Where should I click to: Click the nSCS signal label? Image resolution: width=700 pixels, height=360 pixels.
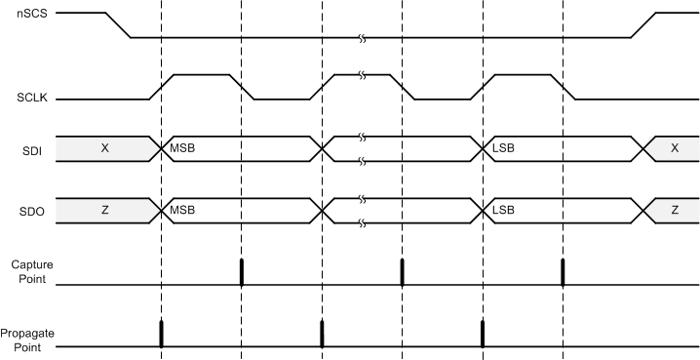(15, 14)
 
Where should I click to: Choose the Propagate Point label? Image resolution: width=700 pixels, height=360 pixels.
(26, 340)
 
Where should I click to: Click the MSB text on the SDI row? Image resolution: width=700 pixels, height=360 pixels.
(182, 148)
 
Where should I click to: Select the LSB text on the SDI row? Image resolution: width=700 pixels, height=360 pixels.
(503, 148)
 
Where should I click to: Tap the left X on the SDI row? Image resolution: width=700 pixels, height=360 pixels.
(104, 148)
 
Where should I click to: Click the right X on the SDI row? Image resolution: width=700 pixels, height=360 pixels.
(674, 148)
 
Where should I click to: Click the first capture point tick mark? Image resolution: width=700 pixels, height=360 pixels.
(241, 272)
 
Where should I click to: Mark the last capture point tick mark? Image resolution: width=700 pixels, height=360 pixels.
(563, 272)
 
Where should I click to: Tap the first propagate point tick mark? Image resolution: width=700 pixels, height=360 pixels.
(161, 334)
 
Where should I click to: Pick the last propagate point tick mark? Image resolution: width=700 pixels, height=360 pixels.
(483, 334)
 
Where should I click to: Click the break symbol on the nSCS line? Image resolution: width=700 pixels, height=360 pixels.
(362, 38)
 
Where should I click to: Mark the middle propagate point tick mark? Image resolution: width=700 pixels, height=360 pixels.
(322, 334)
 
